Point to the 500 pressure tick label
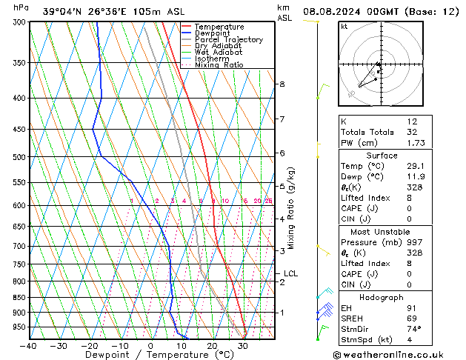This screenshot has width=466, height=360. [x=18, y=157]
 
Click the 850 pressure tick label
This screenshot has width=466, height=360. [x=18, y=298]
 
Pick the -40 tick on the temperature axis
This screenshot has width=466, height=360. [x=30, y=346]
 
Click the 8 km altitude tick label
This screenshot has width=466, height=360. [x=282, y=84]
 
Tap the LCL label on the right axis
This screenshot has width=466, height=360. [x=290, y=273]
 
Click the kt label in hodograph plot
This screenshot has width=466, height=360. [x=344, y=27]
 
